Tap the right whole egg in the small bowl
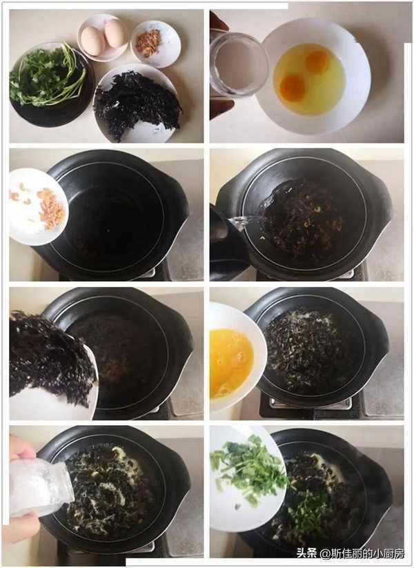[115, 33]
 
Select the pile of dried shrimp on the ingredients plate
[148, 43]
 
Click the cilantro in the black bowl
[47, 75]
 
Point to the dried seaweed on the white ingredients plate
[137, 104]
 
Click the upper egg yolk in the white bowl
[317, 61]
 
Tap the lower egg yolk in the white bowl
[293, 88]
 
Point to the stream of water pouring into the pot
[250, 219]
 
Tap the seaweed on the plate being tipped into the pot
[50, 357]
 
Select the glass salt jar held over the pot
[40, 489]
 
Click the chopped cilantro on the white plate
[249, 467]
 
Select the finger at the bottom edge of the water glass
[221, 108]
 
